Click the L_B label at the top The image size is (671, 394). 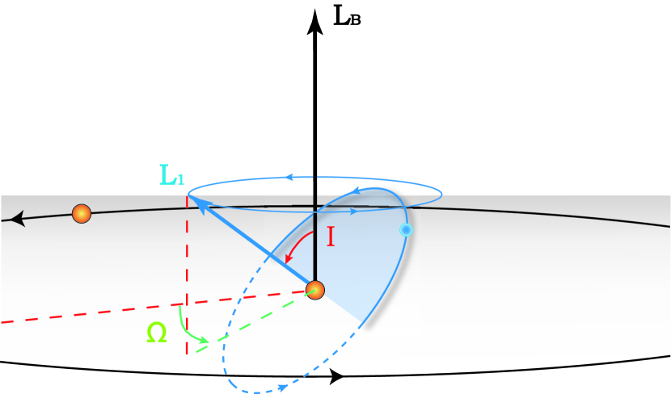[x=347, y=15]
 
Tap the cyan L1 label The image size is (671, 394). [x=171, y=174]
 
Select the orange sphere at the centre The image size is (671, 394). [x=315, y=289]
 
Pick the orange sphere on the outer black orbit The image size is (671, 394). [x=81, y=214]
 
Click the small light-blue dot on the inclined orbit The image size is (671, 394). [x=406, y=231]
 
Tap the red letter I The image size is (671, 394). [x=331, y=237]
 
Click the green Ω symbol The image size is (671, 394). [x=157, y=332]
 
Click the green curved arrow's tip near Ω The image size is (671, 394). [x=208, y=342]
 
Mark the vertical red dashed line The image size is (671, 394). [x=187, y=275]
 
